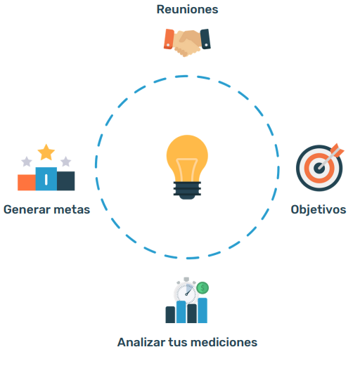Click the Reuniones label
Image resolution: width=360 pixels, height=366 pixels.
pos(187,10)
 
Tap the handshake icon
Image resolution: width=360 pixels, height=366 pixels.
pos(187,43)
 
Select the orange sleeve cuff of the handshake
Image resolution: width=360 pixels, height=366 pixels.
pos(169,39)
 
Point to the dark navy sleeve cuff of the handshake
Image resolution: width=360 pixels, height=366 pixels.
pos(205,39)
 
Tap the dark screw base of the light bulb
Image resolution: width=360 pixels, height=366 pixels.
pos(187,190)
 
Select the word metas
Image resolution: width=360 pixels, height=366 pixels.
pos(72,210)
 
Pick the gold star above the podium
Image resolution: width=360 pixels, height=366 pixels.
pos(46,152)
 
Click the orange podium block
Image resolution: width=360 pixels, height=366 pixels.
pos(27,183)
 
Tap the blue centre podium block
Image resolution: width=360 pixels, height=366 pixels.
pos(46,178)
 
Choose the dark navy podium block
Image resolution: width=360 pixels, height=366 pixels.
pos(66,181)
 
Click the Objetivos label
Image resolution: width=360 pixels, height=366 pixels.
pos(319,209)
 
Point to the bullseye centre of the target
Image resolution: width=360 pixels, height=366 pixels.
pos(319,168)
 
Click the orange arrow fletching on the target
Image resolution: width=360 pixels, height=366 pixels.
pos(337,150)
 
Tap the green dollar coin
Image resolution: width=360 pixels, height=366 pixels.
pos(202,288)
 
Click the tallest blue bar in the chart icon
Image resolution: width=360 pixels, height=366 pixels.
pos(202,311)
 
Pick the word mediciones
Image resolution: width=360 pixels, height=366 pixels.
pos(224,342)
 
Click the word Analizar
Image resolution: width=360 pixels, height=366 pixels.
pos(141,342)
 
